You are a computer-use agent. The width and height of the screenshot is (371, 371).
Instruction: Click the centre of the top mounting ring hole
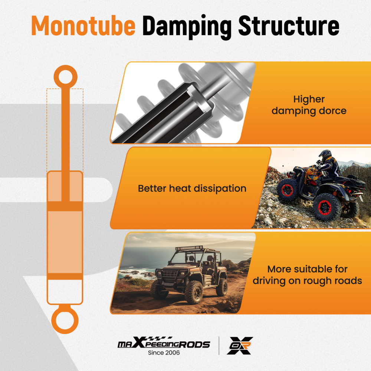(66, 77)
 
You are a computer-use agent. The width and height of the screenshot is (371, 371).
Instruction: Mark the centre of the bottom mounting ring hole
(65, 321)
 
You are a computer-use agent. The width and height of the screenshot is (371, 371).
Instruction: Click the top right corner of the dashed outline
(83, 89)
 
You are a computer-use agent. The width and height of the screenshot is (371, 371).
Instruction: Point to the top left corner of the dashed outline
(47, 89)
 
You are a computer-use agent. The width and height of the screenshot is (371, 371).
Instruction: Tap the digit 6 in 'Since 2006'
(178, 352)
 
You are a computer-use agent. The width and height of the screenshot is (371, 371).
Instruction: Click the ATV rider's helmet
(325, 155)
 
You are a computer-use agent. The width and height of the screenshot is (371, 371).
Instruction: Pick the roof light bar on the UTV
(189, 248)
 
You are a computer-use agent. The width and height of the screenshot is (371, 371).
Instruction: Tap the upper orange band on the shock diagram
(65, 206)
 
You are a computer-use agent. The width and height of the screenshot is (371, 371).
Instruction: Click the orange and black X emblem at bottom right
(240, 346)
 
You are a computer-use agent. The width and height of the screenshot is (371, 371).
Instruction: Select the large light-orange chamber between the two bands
(65, 242)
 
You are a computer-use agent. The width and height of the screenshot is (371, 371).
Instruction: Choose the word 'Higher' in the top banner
(309, 99)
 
